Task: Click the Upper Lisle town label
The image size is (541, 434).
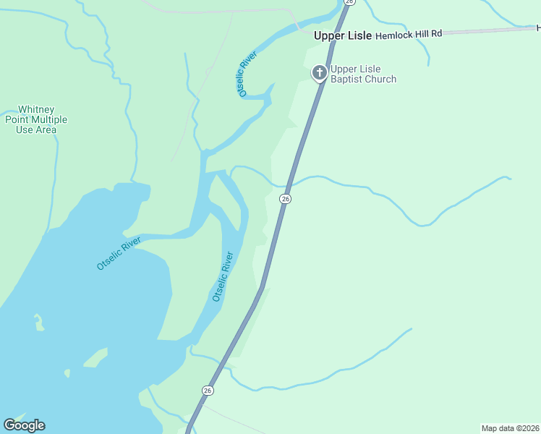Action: click(342, 35)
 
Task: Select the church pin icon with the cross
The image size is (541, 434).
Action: click(319, 72)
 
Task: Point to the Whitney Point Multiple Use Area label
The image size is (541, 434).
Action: click(36, 119)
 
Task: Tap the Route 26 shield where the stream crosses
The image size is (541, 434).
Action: click(286, 198)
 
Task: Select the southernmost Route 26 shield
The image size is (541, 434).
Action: click(208, 391)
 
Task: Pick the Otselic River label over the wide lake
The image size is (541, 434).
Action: click(119, 253)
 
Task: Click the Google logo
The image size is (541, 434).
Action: click(24, 425)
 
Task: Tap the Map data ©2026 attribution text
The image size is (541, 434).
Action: click(510, 428)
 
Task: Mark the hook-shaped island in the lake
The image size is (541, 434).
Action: click(38, 321)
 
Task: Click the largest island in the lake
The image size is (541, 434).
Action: click(95, 357)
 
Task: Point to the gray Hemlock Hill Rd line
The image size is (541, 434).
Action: click(492, 30)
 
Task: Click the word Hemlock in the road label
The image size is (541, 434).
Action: click(392, 34)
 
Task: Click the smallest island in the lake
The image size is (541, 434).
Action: click(67, 373)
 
